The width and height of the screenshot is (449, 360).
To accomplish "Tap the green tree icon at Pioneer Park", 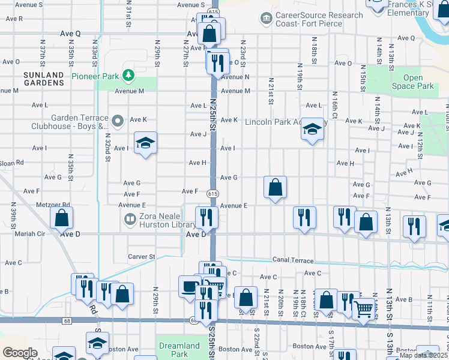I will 127,75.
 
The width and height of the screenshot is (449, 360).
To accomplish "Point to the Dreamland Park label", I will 179,350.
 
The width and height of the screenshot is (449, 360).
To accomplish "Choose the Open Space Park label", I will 413,82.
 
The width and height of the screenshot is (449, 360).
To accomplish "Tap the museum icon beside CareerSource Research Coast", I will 266,19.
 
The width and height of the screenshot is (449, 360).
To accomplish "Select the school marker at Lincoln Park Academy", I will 312,129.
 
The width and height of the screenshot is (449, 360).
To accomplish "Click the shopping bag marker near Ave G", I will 275,188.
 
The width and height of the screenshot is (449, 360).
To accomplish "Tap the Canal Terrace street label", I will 293,260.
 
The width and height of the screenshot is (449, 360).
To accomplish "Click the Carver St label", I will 142,257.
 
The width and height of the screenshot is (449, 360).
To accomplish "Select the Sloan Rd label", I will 12,163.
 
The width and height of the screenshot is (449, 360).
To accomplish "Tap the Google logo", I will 20,353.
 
